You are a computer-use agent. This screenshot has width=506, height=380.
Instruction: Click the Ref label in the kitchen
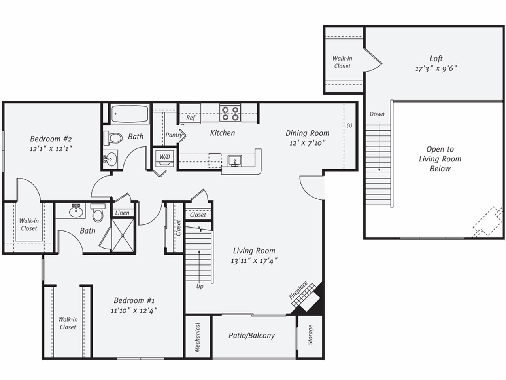pos(191,118)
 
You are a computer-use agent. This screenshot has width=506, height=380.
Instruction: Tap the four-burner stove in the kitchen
pos(230,113)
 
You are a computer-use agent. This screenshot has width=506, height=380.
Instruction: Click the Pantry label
pos(174,135)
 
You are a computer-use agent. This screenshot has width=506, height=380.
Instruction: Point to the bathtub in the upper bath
pos(130,114)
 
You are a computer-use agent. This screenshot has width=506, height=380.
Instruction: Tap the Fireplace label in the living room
pos(298,291)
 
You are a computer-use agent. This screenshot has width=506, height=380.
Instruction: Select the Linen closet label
pos(122,213)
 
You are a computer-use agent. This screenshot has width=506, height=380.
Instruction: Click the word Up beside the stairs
pos(200,286)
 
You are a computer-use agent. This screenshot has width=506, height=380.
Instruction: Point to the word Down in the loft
pos(377,114)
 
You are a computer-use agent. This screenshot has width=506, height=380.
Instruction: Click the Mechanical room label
pos(198,337)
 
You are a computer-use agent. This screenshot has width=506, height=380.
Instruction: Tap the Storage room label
pos(310,335)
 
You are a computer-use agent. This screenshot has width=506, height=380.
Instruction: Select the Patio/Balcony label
pos(251,336)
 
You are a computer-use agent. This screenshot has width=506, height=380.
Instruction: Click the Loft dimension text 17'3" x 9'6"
pos(436,68)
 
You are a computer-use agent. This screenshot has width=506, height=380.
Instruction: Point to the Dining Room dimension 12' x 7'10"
pos(307,143)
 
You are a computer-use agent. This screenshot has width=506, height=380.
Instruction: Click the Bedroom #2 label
pos(51,139)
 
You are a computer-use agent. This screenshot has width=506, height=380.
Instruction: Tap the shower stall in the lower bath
pos(123,235)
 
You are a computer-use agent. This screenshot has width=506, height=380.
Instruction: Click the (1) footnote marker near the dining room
pos(349,125)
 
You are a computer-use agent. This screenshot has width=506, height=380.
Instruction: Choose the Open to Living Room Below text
pos(440,159)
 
